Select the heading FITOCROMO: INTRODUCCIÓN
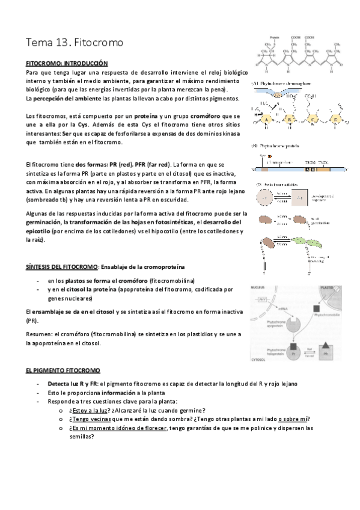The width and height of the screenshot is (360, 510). pyautogui.click(x=67, y=63)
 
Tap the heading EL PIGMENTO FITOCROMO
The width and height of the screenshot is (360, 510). pyautogui.click(x=63, y=371)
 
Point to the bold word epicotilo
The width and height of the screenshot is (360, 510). pyautogui.click(x=38, y=230)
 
